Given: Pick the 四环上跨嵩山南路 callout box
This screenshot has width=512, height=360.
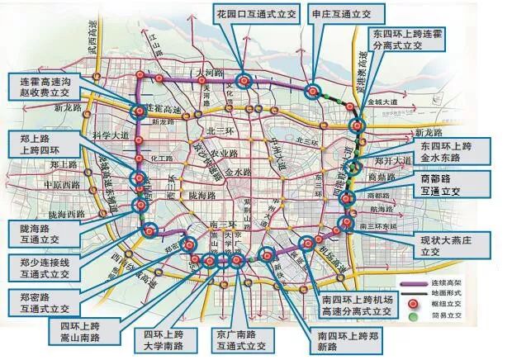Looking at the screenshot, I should coord(82,330).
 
